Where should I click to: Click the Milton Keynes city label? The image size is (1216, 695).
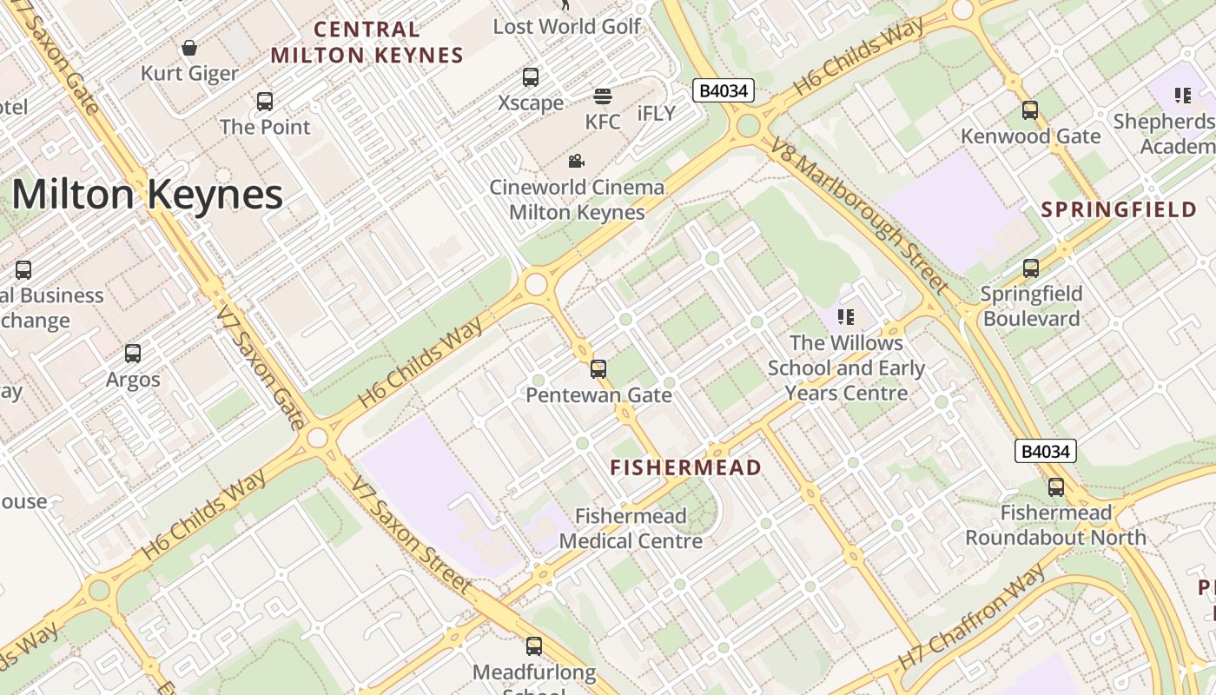(x=148, y=195)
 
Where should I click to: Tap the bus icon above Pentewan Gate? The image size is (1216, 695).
(x=598, y=369)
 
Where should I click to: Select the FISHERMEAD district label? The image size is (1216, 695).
(x=685, y=467)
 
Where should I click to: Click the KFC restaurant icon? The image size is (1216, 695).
(x=602, y=96)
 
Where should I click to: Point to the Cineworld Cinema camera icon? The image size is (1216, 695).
(x=576, y=161)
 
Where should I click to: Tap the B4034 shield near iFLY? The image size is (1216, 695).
(x=724, y=90)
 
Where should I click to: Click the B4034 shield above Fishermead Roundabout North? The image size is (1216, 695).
(x=1046, y=451)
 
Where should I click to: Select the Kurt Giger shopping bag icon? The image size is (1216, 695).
(x=189, y=48)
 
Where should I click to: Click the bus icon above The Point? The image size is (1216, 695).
(x=265, y=102)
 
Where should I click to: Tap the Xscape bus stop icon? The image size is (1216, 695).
(x=531, y=77)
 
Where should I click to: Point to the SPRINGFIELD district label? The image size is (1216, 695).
(x=1119, y=209)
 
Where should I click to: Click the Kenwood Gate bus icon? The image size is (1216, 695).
(x=1030, y=110)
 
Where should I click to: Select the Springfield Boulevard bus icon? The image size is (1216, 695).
(x=1031, y=268)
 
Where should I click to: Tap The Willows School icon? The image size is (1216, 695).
(x=846, y=317)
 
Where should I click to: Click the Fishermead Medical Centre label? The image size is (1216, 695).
(x=631, y=528)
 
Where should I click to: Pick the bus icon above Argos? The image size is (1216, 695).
(x=133, y=354)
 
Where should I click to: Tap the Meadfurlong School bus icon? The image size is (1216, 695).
(x=534, y=646)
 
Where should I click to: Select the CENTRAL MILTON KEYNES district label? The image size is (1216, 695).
(x=367, y=43)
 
